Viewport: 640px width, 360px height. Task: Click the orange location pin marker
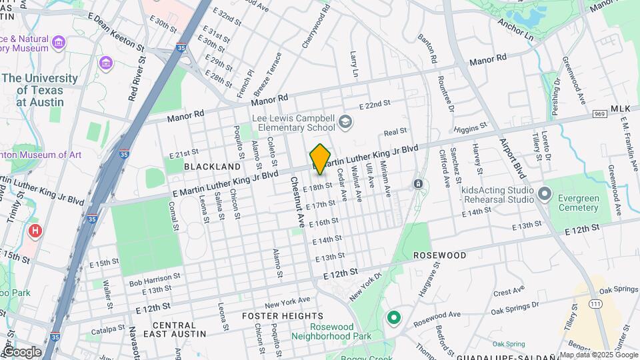click(321, 159)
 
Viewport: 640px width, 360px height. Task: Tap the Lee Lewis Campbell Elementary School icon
click(345, 121)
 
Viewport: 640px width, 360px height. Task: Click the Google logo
click(22, 351)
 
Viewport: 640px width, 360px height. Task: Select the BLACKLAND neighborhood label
click(212, 166)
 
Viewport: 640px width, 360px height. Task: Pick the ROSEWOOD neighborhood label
click(439, 255)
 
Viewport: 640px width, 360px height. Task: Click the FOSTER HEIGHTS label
click(282, 315)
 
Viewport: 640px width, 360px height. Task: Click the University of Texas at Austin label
click(40, 90)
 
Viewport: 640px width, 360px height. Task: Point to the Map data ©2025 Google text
click(599, 354)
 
